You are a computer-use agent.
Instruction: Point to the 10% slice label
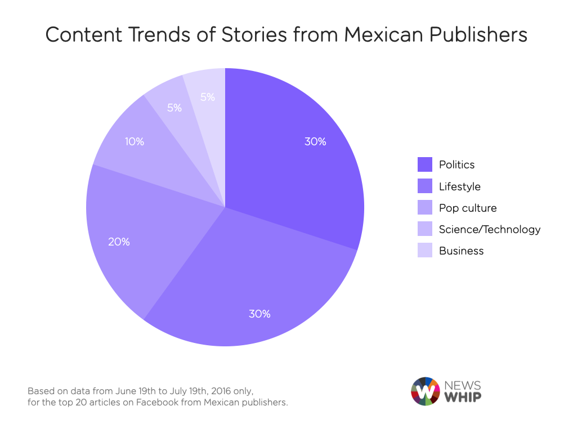[135, 142]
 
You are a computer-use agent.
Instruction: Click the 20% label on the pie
[119, 242]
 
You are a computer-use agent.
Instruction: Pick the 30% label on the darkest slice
[315, 142]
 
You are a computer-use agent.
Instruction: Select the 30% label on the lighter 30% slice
[259, 314]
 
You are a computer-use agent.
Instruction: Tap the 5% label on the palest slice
[208, 97]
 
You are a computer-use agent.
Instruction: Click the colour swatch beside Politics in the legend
[424, 164]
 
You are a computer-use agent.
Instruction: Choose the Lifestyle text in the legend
[460, 186]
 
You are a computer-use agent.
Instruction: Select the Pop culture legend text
[468, 208]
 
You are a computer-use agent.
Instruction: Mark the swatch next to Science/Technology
[424, 229]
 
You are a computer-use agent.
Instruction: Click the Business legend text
[461, 251]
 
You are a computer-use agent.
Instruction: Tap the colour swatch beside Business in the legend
[424, 251]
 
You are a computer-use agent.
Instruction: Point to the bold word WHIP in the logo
[463, 397]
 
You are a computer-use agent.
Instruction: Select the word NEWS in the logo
[463, 385]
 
